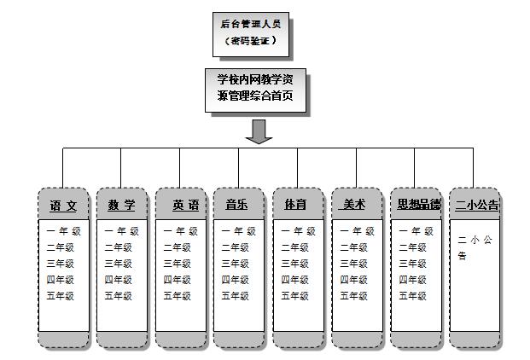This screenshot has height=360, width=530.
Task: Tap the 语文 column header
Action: pos(64,206)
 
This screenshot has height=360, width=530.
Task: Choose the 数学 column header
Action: pos(122,206)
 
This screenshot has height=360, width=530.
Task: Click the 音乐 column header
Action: pos(238,206)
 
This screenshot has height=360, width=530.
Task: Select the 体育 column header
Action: pos(297,206)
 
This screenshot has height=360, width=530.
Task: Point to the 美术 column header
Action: pos(355,206)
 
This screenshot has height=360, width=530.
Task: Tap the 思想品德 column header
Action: pos(419,206)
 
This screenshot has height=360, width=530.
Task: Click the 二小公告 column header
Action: pos(476,206)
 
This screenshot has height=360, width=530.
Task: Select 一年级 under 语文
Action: pos(61,231)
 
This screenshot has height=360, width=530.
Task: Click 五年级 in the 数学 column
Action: pos(119,297)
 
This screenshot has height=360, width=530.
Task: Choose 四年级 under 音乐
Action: pos(236,280)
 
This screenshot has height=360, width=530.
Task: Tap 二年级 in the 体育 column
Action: pos(295,247)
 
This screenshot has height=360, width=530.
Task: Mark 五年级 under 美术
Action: pos(354,297)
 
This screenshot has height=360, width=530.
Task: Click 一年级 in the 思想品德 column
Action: pos(416,231)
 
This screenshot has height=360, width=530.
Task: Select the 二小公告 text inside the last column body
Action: pos(474,248)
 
